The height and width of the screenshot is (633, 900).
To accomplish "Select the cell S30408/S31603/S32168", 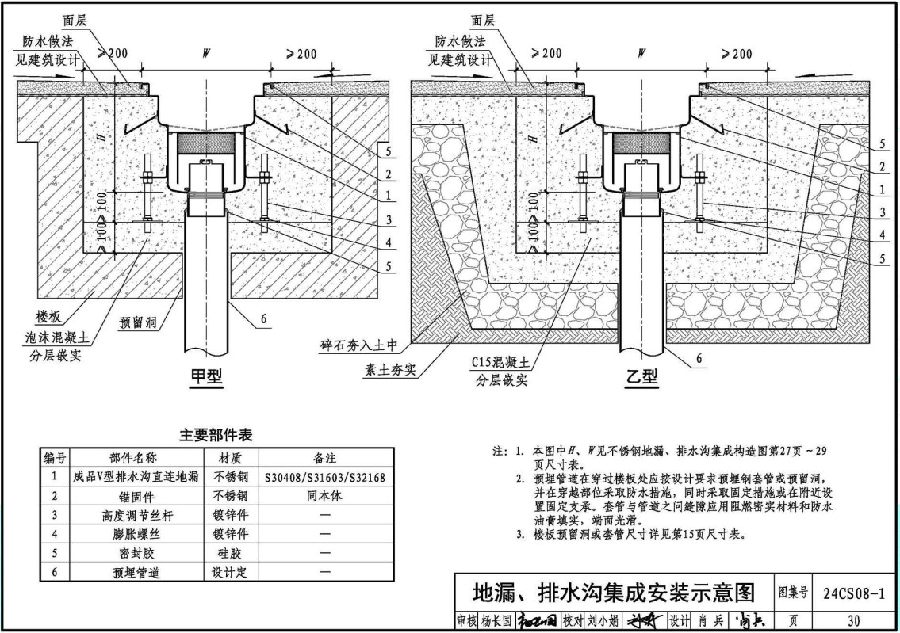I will [326, 476].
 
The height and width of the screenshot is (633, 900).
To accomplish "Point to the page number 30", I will [853, 621].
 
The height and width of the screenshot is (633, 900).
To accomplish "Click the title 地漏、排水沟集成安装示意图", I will [612, 593].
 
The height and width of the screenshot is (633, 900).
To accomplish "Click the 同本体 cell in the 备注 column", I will [326, 496].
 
